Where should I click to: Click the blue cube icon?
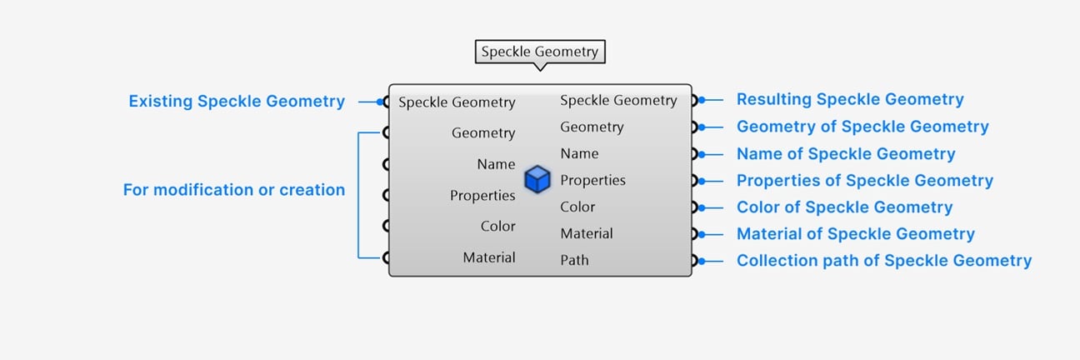coord(537,179)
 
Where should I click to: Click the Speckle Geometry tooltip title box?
coord(540,52)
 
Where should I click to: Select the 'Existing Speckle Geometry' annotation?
coord(237,101)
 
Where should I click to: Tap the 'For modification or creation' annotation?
coord(234,190)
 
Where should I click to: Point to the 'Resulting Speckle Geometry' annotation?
coord(850,99)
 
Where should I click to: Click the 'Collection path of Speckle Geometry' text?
coord(884,261)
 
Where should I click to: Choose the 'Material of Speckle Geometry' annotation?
coord(856,234)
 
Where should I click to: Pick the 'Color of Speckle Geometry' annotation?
coord(845,207)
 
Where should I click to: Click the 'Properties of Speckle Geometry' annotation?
coord(865,181)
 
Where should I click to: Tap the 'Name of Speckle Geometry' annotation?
coord(846,153)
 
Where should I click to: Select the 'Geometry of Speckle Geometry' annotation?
coord(862,127)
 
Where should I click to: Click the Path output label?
coord(574,260)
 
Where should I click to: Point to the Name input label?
coord(496,164)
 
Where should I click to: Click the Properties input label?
coord(482,196)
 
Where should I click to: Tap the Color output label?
coord(577,207)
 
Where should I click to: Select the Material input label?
coord(489,257)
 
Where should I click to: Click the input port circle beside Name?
coord(386,164)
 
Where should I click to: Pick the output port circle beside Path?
coord(694,261)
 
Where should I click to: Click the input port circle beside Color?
coord(386,226)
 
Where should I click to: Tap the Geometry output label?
coord(592,127)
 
